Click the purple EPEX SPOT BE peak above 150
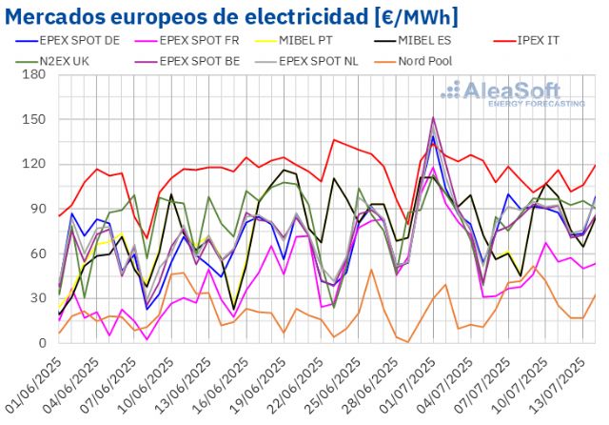point(433,118)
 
